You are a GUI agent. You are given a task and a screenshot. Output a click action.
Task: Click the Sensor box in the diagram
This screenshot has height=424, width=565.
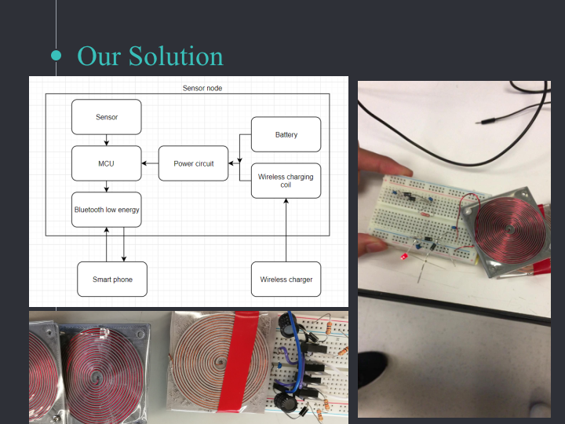click(107, 117)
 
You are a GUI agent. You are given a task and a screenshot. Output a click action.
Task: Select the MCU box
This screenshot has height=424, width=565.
click(107, 163)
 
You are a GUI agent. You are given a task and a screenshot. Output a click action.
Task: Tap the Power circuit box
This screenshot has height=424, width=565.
click(193, 163)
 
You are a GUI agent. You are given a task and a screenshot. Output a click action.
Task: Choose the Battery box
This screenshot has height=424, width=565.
click(286, 134)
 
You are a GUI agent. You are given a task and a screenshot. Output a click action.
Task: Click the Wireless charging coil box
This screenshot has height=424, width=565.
click(286, 181)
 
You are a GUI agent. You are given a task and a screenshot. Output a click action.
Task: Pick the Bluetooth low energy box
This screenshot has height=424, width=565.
click(107, 210)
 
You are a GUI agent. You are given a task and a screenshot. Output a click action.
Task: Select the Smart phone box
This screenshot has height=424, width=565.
click(112, 280)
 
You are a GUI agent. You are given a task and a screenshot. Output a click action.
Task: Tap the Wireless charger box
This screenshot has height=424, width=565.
click(286, 280)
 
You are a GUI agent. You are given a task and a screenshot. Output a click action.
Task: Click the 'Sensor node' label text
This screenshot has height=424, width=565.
click(202, 89)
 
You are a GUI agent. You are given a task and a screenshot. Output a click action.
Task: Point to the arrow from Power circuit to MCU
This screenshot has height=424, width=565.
click(150, 163)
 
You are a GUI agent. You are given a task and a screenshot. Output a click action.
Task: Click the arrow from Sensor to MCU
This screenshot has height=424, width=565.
click(107, 141)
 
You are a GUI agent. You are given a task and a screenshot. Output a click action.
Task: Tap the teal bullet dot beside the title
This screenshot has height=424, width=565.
click(56, 56)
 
